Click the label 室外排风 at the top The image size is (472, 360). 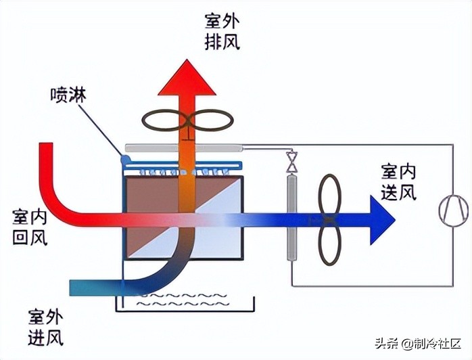(222, 31)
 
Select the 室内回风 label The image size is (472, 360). (29, 227)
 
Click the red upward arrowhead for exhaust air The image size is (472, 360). (187, 75)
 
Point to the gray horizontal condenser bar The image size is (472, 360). (183, 146)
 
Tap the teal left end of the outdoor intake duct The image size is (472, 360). (76, 287)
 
